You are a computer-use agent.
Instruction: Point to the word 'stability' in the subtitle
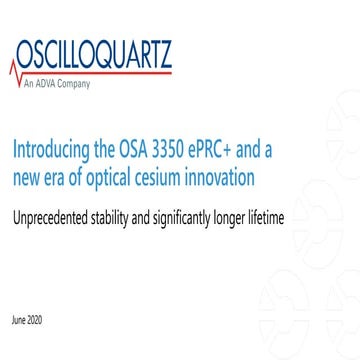[x=132, y=214]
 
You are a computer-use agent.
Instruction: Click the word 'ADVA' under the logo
[x=51, y=83]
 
